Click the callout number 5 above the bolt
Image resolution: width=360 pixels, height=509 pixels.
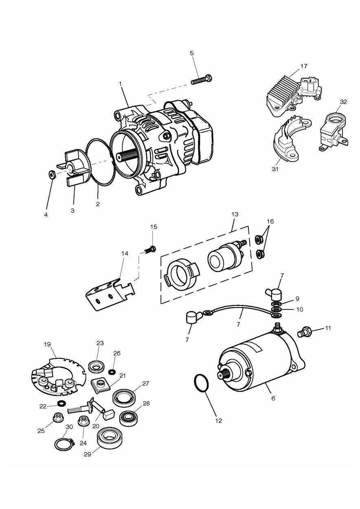192,53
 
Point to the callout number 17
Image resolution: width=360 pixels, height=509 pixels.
304,66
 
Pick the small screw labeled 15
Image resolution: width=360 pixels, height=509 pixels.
150,249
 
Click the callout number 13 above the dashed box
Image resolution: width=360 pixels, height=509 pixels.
235,214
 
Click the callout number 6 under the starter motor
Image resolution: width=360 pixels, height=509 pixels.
273,398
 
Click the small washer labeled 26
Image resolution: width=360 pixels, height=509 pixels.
111,372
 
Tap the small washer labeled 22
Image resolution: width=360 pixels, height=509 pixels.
61,404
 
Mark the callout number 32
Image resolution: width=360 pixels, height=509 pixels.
343,102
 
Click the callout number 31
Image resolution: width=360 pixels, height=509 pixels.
275,169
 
